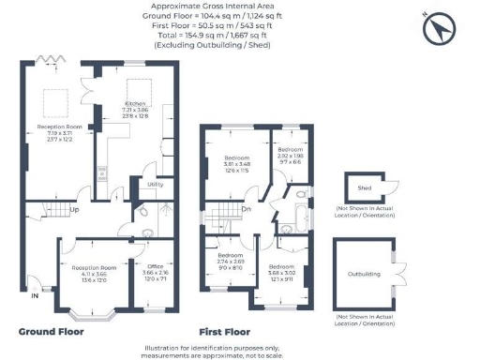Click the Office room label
156,265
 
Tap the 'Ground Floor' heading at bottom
51,331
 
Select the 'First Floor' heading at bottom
225,331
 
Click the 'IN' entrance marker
35,296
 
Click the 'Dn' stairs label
247,209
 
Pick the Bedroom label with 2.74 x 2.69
231,255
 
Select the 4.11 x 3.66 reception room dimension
93,274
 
